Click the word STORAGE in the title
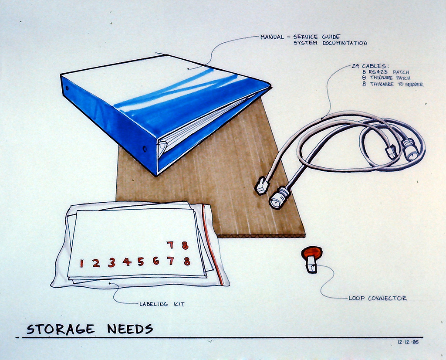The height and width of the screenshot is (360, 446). tap(60, 329)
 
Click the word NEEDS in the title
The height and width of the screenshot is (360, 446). tap(130, 329)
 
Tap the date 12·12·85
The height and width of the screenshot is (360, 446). tap(408, 342)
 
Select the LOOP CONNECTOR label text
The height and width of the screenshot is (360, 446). tap(378, 298)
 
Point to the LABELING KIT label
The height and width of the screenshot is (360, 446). tap(162, 304)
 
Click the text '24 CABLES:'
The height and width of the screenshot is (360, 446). tap(368, 66)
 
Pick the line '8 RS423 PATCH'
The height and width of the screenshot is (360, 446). tap(386, 72)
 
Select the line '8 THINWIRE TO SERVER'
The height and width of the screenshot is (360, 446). tap(392, 84)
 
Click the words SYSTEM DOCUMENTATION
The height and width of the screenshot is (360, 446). tap(330, 43)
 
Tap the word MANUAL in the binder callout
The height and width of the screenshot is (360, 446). tap(272, 37)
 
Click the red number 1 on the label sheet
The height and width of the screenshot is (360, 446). tap(81, 263)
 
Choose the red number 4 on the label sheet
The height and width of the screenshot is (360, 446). tap(127, 262)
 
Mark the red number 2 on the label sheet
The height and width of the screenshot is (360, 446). tap(96, 263)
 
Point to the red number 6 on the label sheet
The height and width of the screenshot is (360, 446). tap(156, 261)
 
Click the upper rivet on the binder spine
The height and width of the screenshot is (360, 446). tap(67, 88)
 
